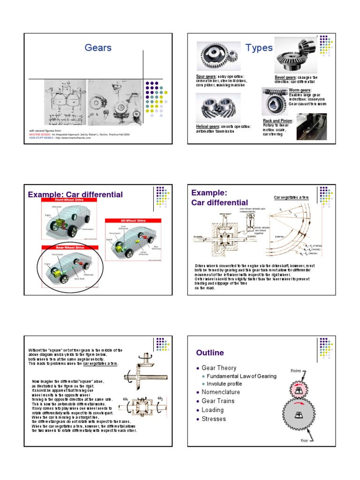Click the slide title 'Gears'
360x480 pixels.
point(98,48)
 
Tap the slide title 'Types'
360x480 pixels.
point(259,48)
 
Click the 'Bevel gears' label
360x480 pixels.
point(285,77)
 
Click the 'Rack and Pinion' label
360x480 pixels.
point(278,121)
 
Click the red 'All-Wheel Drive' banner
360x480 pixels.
point(133,220)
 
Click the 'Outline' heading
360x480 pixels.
point(210,352)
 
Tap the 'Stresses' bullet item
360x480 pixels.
point(214,419)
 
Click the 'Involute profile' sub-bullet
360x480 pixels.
point(228,383)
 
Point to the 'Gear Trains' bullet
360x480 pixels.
point(218,401)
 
